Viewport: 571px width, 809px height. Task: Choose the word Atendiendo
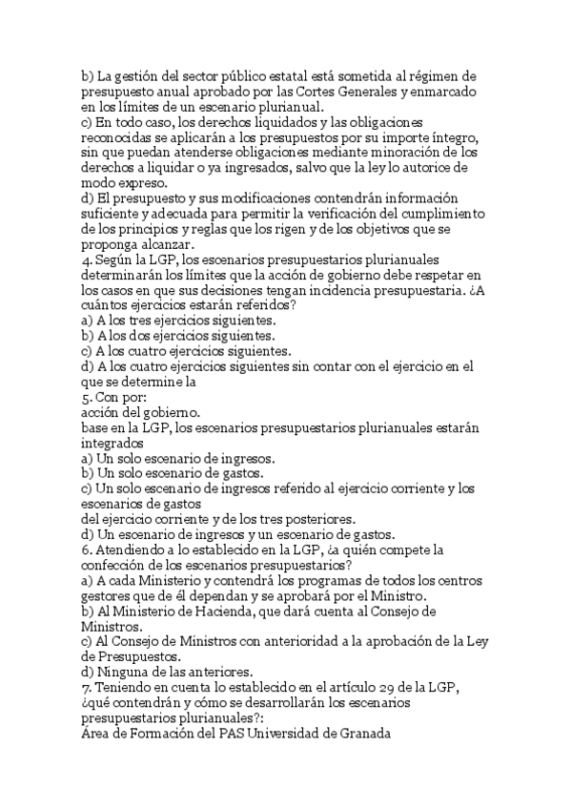(133, 550)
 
